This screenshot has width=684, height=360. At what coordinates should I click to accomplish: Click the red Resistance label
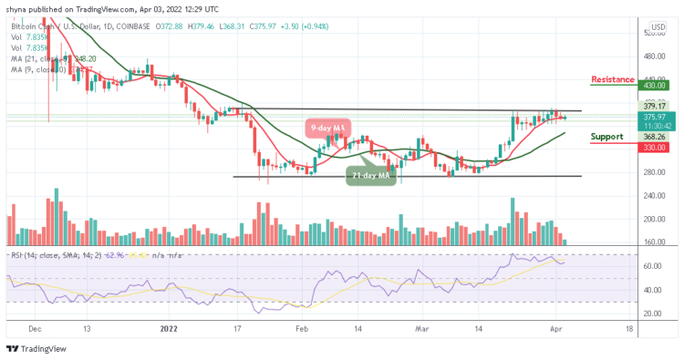(x=612, y=79)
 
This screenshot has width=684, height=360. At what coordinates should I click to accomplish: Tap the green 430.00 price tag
(x=656, y=86)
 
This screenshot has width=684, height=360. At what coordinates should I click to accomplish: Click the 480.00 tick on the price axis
(x=655, y=57)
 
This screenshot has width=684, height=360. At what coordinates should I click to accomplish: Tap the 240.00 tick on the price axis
(x=655, y=196)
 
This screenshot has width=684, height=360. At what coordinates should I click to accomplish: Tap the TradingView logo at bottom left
(x=35, y=349)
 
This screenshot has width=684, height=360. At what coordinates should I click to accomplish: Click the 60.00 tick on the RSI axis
(x=653, y=266)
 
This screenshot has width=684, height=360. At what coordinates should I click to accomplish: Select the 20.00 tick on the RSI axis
(x=653, y=314)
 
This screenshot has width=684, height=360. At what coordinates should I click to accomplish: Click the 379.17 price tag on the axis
(x=656, y=105)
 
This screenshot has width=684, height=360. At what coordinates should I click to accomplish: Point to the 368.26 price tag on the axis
(x=656, y=137)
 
